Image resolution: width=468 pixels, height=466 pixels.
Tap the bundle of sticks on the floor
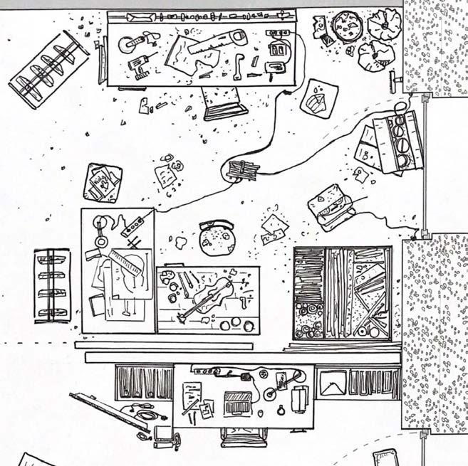click(x=243, y=171)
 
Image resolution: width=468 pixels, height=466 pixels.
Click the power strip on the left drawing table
click(x=136, y=224)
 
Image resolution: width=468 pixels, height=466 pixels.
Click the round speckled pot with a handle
click(x=218, y=238)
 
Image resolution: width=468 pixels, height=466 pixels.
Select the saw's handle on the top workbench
click(x=234, y=38)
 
